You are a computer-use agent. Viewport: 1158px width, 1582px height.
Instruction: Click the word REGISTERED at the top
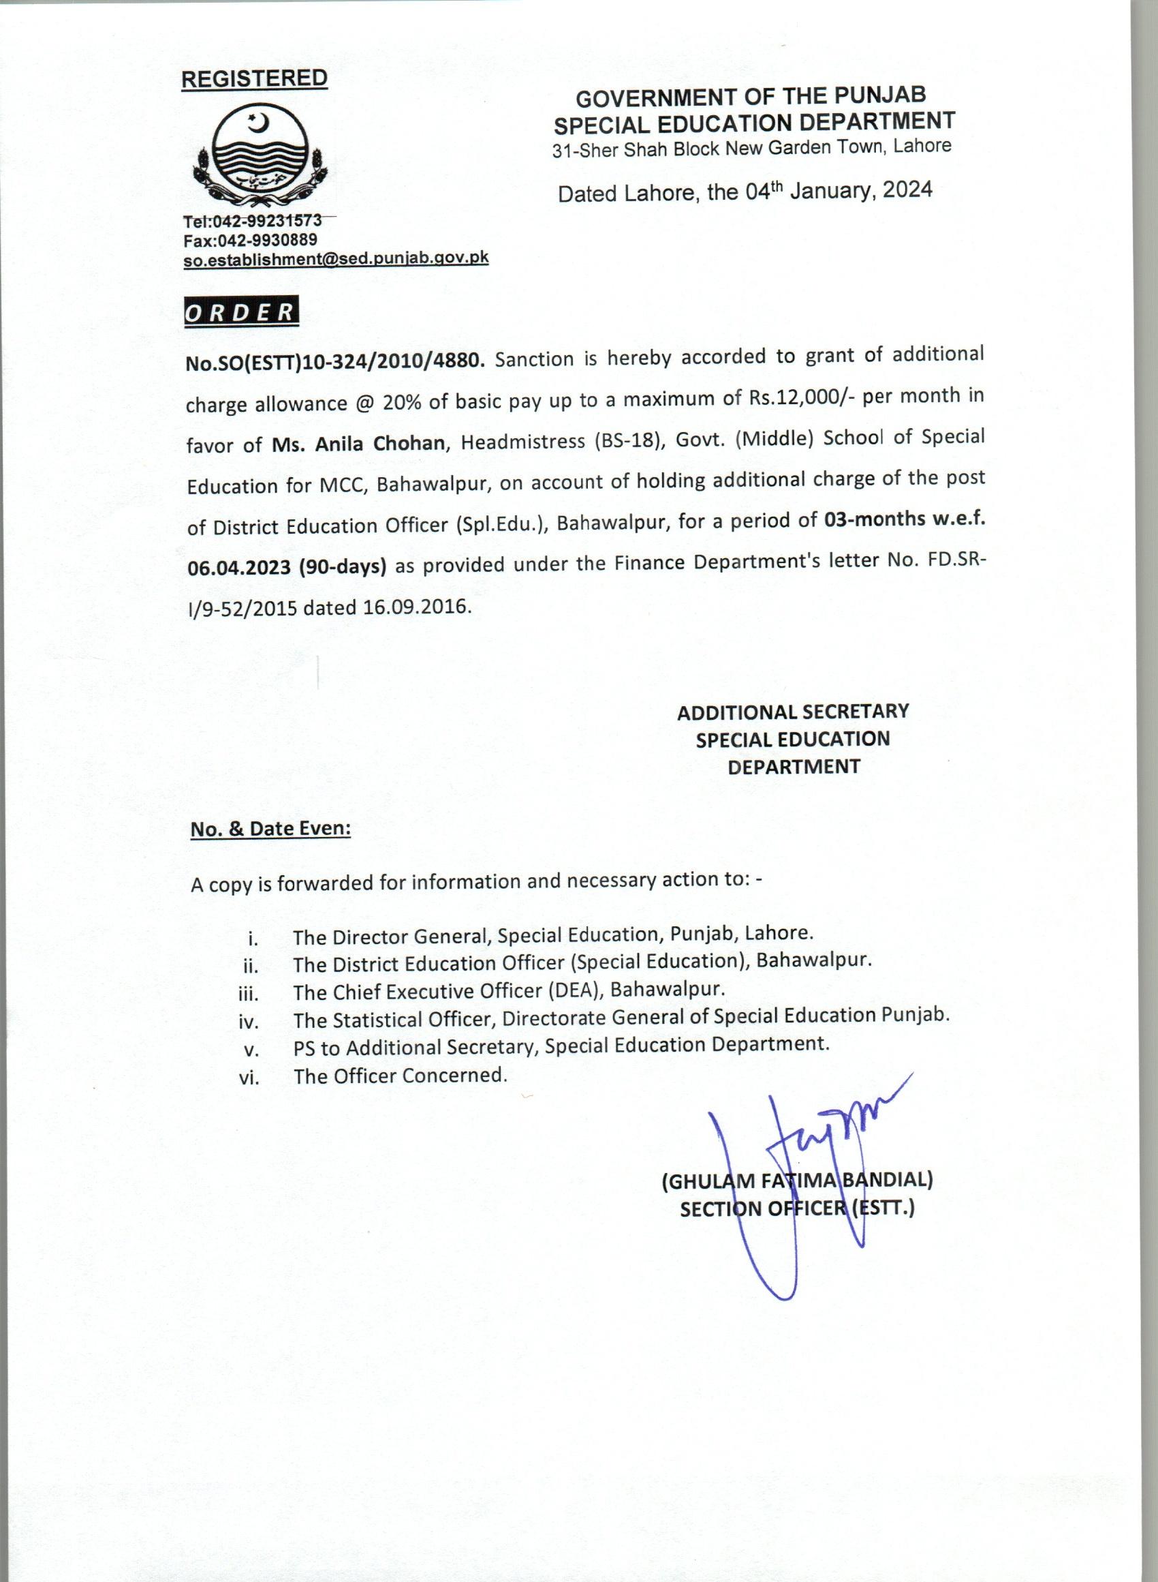coord(254,78)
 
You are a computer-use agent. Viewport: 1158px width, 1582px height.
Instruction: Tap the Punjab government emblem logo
coord(259,153)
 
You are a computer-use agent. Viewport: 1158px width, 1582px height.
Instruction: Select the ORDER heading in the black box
coord(240,312)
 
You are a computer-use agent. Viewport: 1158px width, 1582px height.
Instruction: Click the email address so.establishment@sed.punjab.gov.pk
coord(336,259)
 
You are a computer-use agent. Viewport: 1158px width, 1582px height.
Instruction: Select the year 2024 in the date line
coord(907,189)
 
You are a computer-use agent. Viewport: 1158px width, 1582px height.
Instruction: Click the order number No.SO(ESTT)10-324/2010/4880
coord(334,362)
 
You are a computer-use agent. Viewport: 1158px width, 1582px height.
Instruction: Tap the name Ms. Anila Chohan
coord(358,444)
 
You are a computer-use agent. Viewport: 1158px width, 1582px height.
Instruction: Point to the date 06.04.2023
coord(239,567)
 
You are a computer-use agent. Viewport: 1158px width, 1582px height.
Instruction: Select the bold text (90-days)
coord(343,566)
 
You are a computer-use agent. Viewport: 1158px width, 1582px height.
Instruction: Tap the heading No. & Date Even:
coord(270,829)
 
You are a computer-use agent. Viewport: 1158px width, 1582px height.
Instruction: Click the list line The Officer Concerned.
coord(401,1076)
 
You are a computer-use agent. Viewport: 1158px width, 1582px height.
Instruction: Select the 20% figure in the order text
coord(401,402)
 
